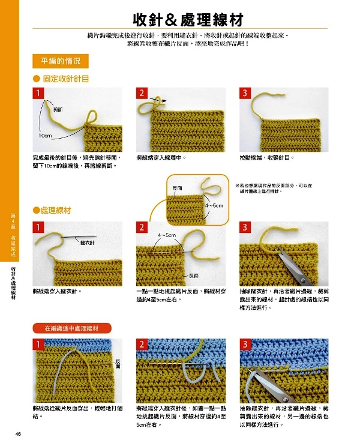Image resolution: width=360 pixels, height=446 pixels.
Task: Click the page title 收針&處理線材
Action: [x=188, y=20]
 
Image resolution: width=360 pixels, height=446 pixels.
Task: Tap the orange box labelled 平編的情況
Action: [x=61, y=61]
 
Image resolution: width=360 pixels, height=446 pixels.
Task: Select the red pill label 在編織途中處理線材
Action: [x=72, y=328]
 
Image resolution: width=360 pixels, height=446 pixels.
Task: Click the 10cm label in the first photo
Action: [x=46, y=136]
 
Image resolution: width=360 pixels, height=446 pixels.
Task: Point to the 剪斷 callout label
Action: [x=58, y=109]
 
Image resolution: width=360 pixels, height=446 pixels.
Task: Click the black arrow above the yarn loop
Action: [x=158, y=100]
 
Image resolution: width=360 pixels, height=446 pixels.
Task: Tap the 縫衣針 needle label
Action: [x=87, y=243]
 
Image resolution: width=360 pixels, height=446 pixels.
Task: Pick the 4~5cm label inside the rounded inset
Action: [x=214, y=205]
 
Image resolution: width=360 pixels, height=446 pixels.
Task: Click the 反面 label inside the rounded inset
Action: [x=178, y=188]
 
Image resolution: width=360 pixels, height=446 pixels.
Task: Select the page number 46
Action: [x=18, y=434]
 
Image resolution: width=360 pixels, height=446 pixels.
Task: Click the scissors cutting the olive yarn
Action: [x=294, y=267]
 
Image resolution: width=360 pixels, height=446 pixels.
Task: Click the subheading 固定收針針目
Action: [x=66, y=79]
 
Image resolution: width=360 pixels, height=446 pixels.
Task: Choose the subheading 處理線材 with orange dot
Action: [x=52, y=211]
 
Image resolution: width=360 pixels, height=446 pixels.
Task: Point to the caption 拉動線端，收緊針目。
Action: [x=267, y=158]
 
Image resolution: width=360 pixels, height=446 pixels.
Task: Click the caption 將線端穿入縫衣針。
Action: [x=57, y=291]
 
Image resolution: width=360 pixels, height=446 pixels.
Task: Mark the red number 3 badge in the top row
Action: [x=245, y=93]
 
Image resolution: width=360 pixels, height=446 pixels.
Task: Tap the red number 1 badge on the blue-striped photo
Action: [x=38, y=344]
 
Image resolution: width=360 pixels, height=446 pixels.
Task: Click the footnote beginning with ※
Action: [x=274, y=188]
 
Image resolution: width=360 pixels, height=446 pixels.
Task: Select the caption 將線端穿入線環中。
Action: [x=161, y=158]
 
